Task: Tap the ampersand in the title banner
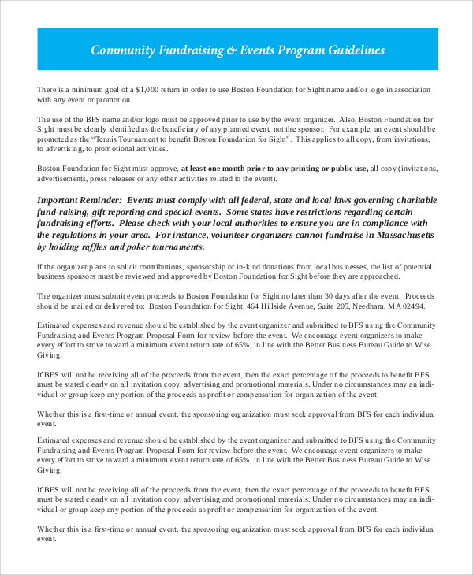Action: [230, 50]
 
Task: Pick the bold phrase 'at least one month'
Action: [221, 168]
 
